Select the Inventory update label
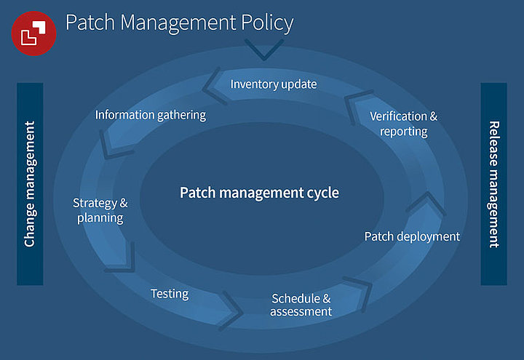point(274,84)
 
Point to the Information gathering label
point(151,115)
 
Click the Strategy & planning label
point(100,209)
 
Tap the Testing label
point(170,294)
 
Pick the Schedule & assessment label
point(301,305)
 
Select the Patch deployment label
point(412,236)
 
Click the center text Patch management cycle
point(260,193)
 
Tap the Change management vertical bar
point(30,183)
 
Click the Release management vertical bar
point(493,183)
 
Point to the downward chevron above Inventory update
point(264,49)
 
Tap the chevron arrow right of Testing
point(233,308)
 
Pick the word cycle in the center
point(323,193)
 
